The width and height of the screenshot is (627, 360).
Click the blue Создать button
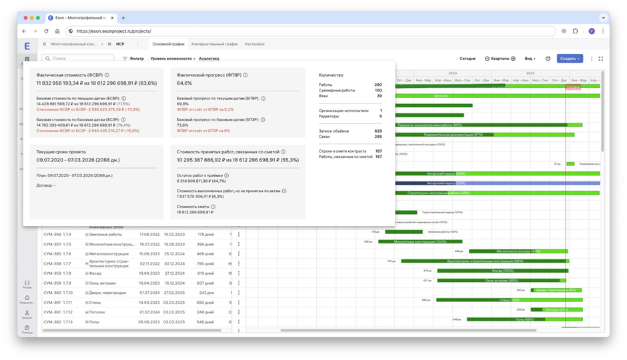569,59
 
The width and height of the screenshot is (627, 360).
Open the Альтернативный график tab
214,44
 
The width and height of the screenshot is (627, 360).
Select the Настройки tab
254,44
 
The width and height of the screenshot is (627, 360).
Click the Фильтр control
133,59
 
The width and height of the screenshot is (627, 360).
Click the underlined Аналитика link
209,59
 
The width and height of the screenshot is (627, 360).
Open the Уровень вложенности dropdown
172,59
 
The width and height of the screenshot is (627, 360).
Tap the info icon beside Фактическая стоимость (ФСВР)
107,75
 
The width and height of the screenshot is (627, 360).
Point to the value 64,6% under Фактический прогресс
184,83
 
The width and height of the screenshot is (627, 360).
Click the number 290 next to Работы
378,85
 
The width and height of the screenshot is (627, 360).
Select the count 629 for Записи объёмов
378,131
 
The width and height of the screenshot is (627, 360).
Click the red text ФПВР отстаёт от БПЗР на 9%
203,131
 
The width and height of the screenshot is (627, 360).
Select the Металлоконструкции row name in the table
109,254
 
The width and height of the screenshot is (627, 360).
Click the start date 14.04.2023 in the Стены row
149,303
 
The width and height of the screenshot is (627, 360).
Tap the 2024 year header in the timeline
530,73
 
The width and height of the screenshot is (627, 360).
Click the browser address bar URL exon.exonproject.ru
113,31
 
